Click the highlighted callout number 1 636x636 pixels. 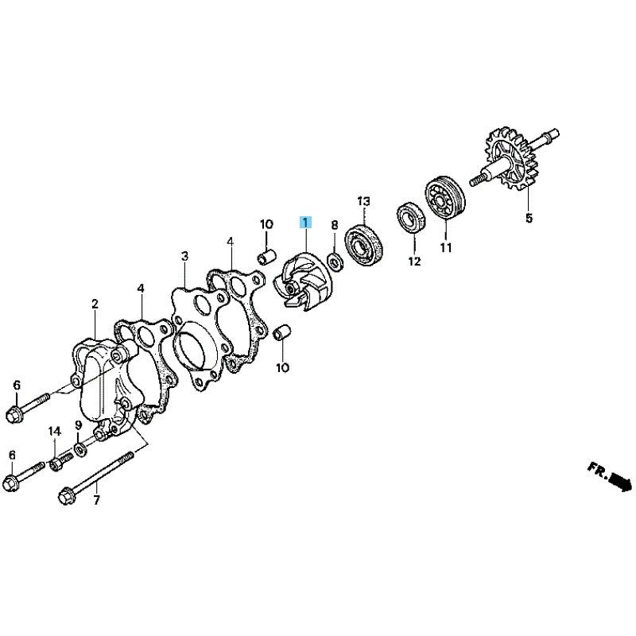pyautogui.click(x=305, y=223)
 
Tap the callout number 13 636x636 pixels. pyautogui.click(x=364, y=201)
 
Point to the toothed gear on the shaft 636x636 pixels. pyautogui.click(x=509, y=158)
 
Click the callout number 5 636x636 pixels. pyautogui.click(x=529, y=218)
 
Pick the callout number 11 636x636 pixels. pyautogui.click(x=446, y=247)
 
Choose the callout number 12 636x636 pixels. pyautogui.click(x=414, y=262)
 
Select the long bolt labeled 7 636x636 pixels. pyautogui.click(x=97, y=479)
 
